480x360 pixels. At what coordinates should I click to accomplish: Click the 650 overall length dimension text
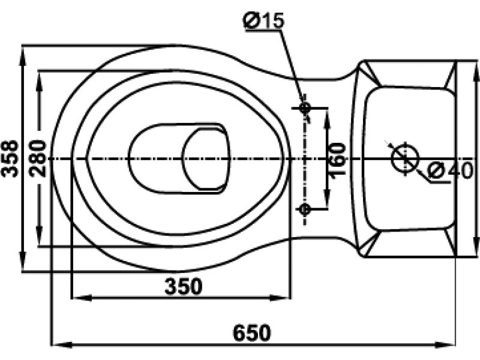click(x=252, y=333)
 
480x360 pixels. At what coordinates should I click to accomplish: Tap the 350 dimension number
click(x=184, y=287)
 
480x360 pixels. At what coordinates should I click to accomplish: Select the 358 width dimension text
click(x=10, y=158)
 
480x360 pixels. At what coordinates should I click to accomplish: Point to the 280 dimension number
click(x=38, y=158)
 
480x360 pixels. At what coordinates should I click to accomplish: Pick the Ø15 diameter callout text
click(x=264, y=21)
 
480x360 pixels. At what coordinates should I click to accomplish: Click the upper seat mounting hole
click(x=305, y=107)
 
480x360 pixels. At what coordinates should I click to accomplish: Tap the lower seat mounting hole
click(x=305, y=209)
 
